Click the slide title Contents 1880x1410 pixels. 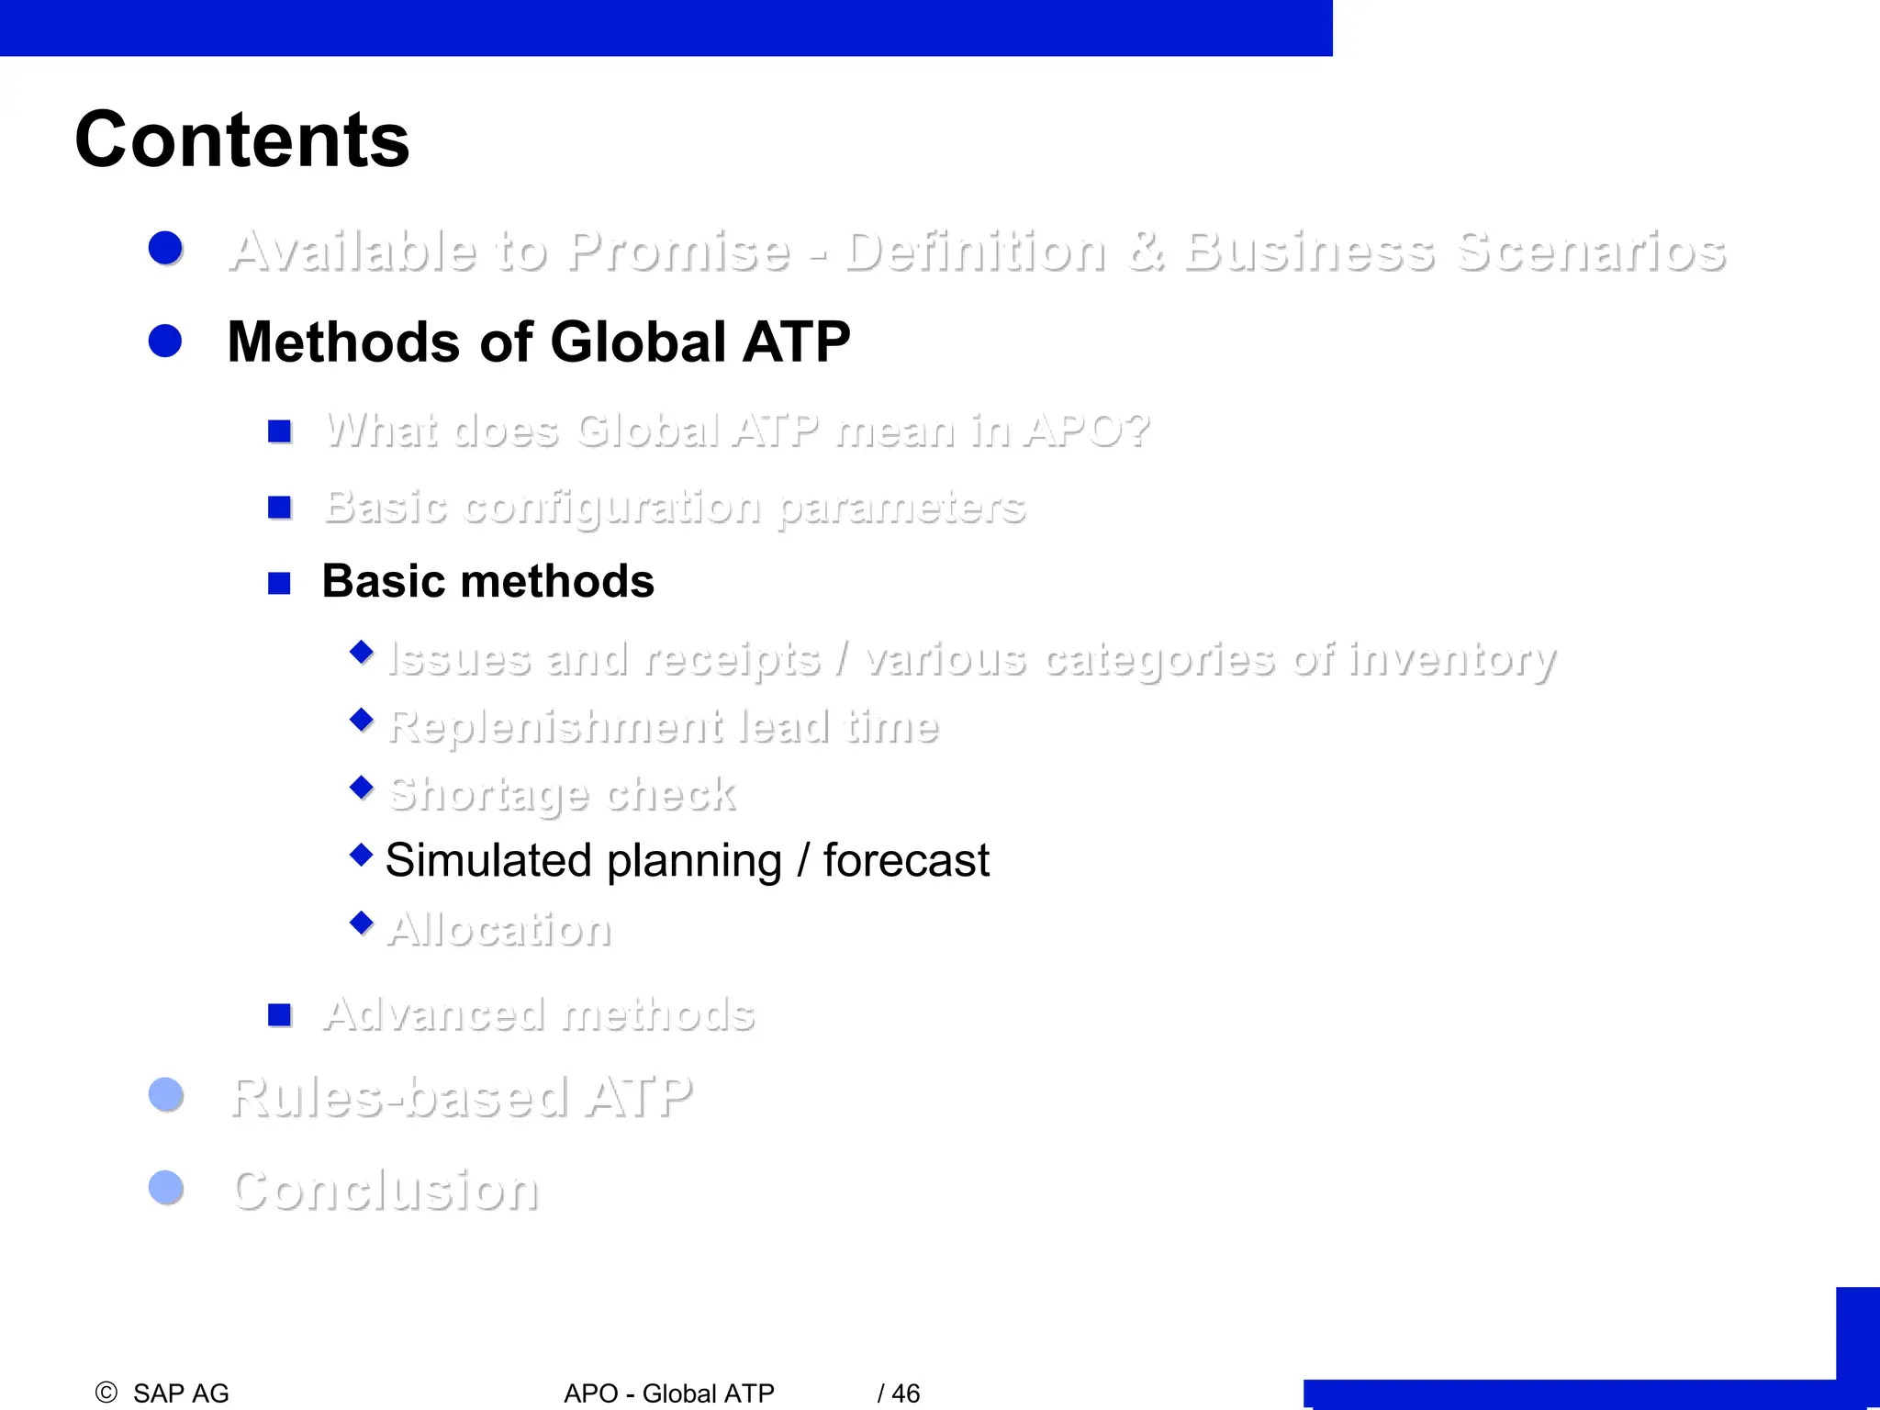[241, 140]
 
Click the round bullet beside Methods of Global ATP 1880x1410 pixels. [165, 341]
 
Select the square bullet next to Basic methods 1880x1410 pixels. [279, 583]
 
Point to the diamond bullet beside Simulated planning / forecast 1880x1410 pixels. [362, 855]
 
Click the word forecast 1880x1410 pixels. [905, 861]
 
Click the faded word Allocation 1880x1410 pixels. [499, 929]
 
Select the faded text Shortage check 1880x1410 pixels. [561, 794]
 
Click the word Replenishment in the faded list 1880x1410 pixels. [554, 727]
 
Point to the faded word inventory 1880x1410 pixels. [1452, 659]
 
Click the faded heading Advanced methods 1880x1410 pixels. [539, 1014]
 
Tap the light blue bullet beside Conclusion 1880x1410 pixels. [166, 1187]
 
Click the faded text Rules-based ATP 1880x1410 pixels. [461, 1097]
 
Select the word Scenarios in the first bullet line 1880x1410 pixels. [1591, 252]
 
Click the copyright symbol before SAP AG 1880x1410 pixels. [106, 1393]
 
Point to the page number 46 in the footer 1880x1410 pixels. [905, 1393]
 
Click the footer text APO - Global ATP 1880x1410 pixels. [668, 1393]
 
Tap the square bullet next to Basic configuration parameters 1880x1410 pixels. [279, 507]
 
